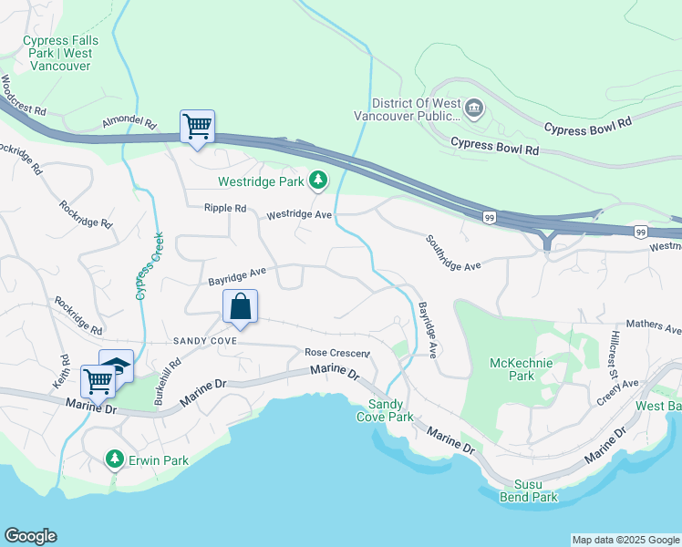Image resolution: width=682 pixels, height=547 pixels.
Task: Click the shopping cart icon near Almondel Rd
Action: (x=197, y=127)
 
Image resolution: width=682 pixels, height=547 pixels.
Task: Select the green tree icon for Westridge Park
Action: (x=317, y=182)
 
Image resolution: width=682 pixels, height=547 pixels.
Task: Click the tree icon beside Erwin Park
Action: (x=114, y=459)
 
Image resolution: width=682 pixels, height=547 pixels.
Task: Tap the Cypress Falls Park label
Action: (x=61, y=53)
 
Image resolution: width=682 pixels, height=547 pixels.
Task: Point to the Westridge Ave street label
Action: (x=300, y=215)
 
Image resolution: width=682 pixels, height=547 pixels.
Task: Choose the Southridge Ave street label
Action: (x=452, y=253)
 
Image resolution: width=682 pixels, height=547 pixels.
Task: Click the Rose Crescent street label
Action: (x=337, y=353)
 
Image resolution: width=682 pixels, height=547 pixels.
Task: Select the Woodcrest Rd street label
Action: (x=23, y=96)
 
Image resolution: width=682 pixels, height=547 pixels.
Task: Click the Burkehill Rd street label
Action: (x=168, y=381)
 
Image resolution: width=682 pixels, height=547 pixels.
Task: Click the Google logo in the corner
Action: (x=30, y=536)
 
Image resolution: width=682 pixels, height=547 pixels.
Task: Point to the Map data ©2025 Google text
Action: (x=625, y=540)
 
